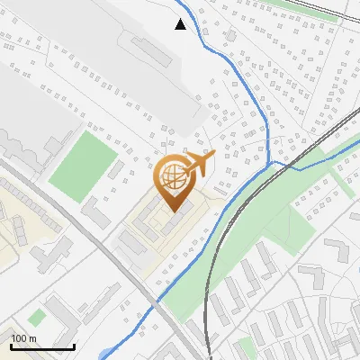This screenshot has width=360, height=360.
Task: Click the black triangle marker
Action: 181,24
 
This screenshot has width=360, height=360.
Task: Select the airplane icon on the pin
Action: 199,164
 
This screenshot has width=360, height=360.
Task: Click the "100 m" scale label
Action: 24,337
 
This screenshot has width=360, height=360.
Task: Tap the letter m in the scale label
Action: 32,337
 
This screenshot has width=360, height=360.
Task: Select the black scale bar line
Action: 42,346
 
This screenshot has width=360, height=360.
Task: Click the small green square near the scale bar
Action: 36,318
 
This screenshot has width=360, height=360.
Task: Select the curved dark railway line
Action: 208,288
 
